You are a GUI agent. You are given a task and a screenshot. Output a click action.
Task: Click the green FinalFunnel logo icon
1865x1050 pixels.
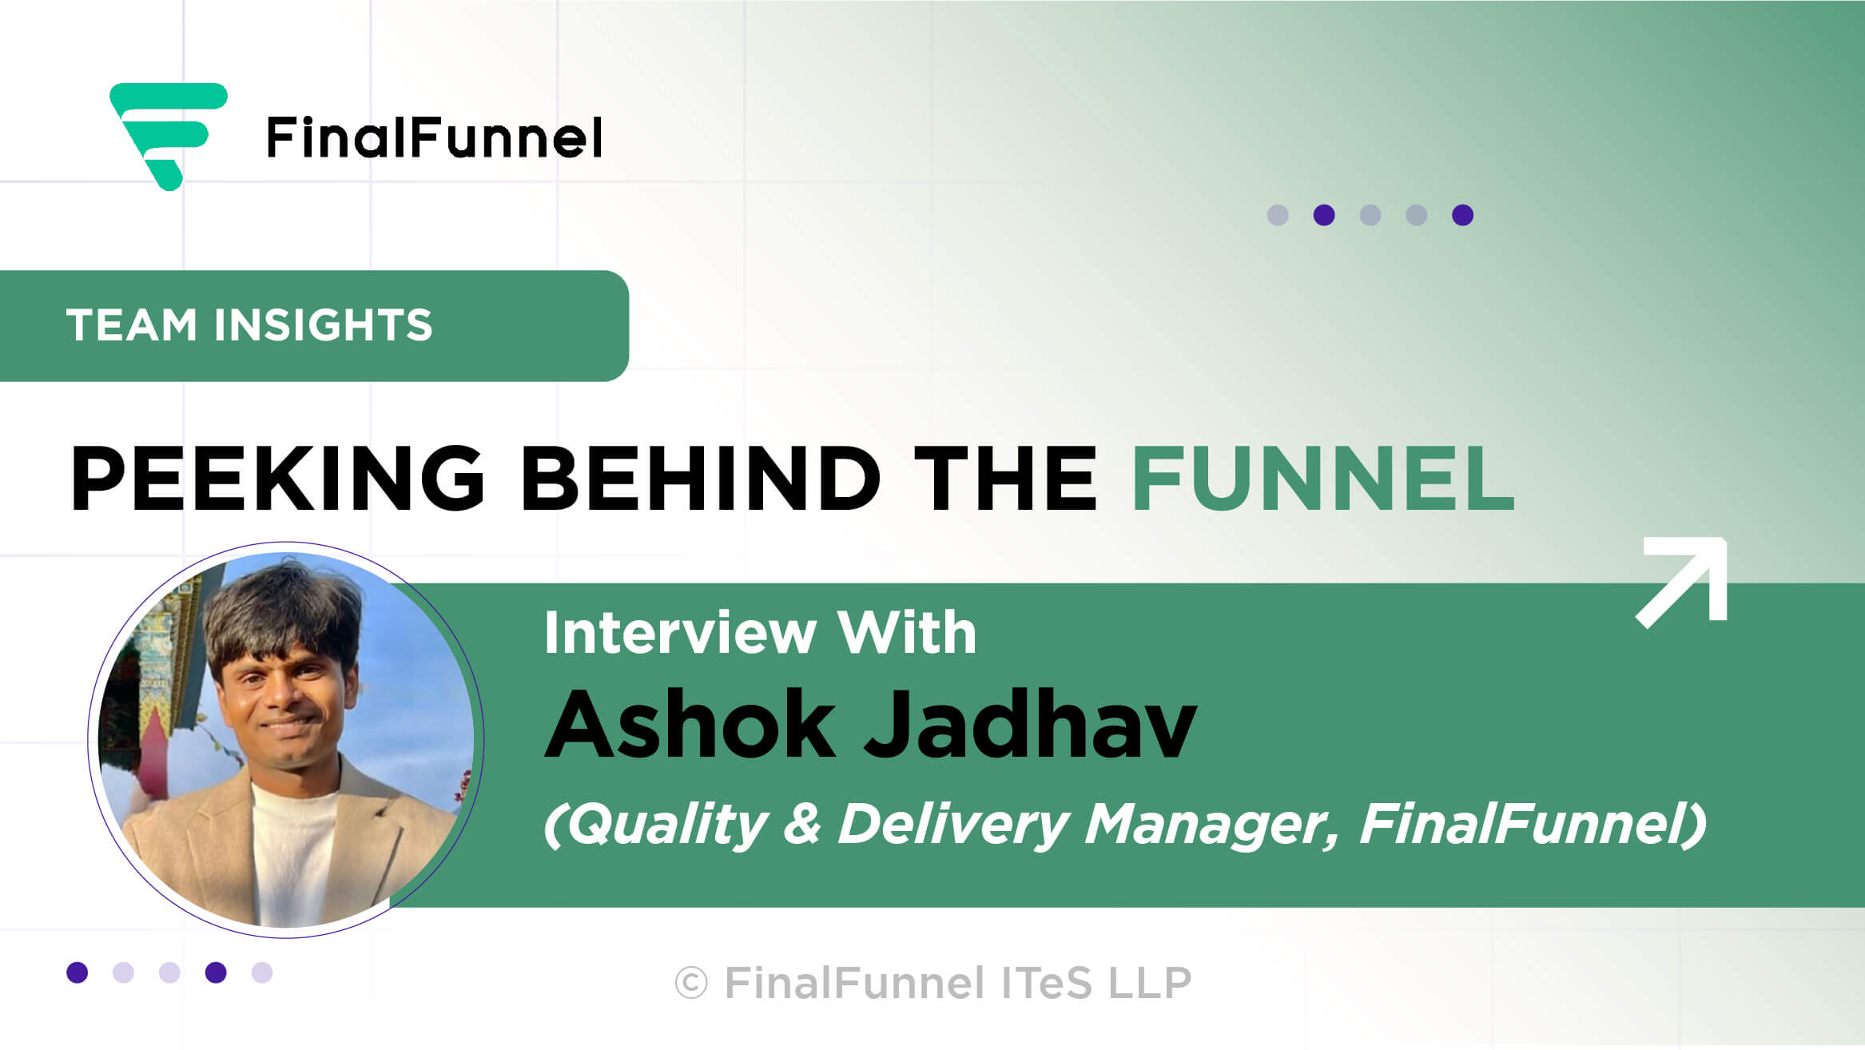pyautogui.click(x=169, y=136)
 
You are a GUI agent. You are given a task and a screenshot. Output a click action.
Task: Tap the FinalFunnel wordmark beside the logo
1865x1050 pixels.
pyautogui.click(x=434, y=137)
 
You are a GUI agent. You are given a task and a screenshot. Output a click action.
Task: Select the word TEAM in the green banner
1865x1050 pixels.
pyautogui.click(x=131, y=325)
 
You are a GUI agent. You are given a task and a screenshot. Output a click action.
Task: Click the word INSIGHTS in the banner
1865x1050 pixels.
pyautogui.click(x=323, y=325)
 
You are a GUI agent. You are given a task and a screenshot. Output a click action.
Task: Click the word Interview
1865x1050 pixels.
pyautogui.click(x=680, y=633)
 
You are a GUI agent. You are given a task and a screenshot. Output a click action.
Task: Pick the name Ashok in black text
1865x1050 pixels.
pyautogui.click(x=690, y=724)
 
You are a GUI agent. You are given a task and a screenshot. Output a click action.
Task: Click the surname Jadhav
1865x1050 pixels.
pyautogui.click(x=1031, y=724)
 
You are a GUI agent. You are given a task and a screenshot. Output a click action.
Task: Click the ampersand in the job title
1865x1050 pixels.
pyautogui.click(x=802, y=825)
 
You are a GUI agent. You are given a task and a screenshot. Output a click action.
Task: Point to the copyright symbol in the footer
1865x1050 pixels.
pyautogui.click(x=691, y=983)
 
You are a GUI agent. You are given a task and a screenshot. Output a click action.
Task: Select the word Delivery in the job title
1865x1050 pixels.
pyautogui.click(x=953, y=825)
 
